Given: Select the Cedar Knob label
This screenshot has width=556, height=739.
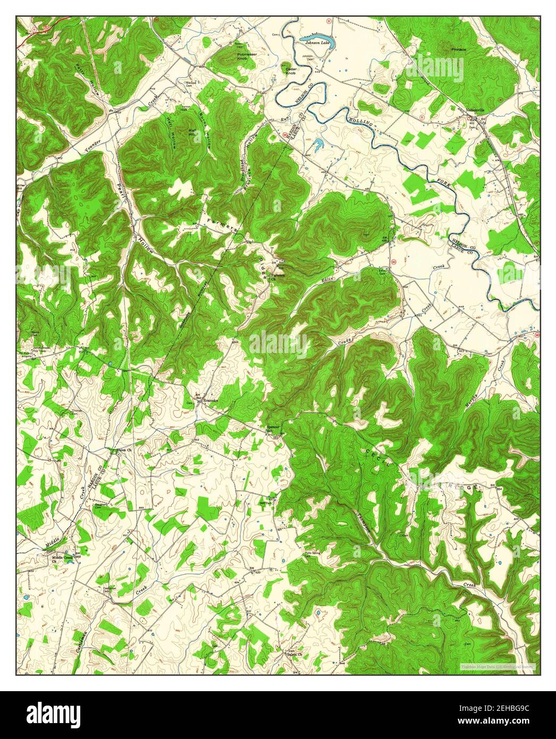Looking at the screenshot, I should [291, 71].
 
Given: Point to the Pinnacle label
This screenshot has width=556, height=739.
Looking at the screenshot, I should [458, 49].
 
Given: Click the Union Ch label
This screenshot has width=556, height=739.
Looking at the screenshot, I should [123, 451].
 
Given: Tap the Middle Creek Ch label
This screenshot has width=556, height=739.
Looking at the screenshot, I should [62, 559].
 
